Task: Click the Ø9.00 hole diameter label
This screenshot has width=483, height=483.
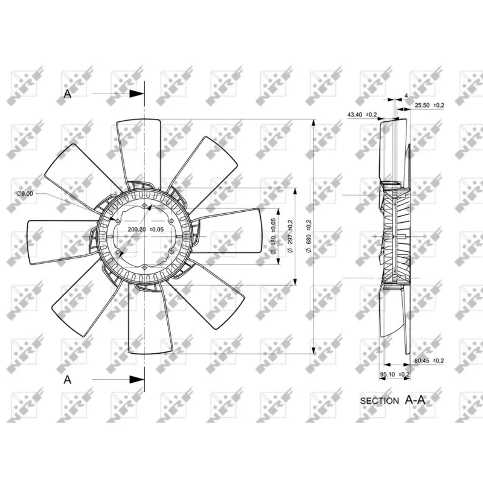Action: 26,193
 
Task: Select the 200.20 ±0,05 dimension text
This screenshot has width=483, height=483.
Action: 146,230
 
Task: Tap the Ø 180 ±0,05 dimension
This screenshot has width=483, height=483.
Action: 273,235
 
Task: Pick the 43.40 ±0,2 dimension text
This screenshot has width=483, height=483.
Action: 362,114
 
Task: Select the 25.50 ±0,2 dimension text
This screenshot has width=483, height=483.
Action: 429,106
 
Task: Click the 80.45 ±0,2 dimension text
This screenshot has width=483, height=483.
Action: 429,360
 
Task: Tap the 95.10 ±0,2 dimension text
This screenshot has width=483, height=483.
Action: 394,374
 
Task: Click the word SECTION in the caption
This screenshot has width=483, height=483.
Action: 379,400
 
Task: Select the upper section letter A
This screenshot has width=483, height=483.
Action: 68,94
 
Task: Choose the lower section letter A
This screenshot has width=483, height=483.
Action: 68,379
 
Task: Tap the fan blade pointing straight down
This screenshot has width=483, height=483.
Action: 146,320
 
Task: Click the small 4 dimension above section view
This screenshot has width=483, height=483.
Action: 406,95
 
